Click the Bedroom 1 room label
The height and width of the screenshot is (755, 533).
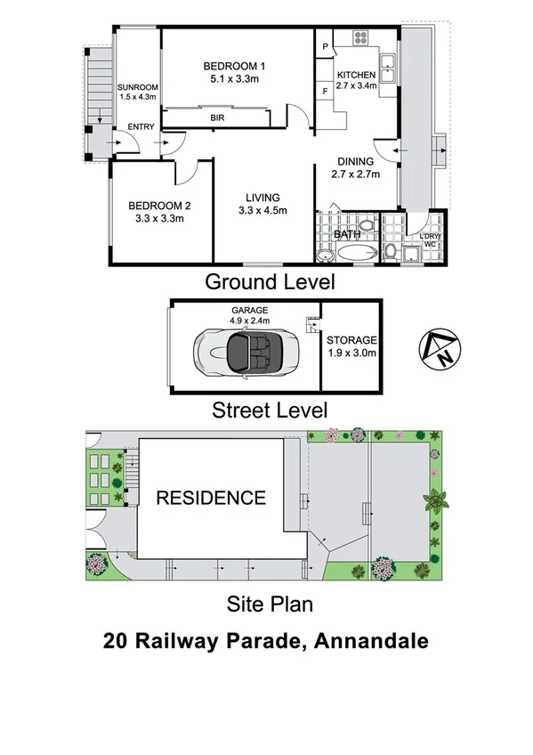(234, 66)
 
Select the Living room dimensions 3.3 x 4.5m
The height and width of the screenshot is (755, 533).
(259, 211)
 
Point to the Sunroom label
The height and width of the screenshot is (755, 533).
(136, 86)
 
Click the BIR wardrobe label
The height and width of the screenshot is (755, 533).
(217, 118)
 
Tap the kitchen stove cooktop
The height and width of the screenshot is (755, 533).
(361, 38)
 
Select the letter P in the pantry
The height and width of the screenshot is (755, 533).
(326, 47)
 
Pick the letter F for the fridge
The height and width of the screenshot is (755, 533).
(326, 91)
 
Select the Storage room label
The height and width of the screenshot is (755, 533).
(351, 340)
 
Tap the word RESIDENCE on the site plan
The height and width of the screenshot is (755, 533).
(211, 498)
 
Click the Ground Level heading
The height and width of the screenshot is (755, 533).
(270, 282)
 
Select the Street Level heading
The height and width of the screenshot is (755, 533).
(269, 410)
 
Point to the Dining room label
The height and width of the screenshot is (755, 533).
(355, 162)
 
